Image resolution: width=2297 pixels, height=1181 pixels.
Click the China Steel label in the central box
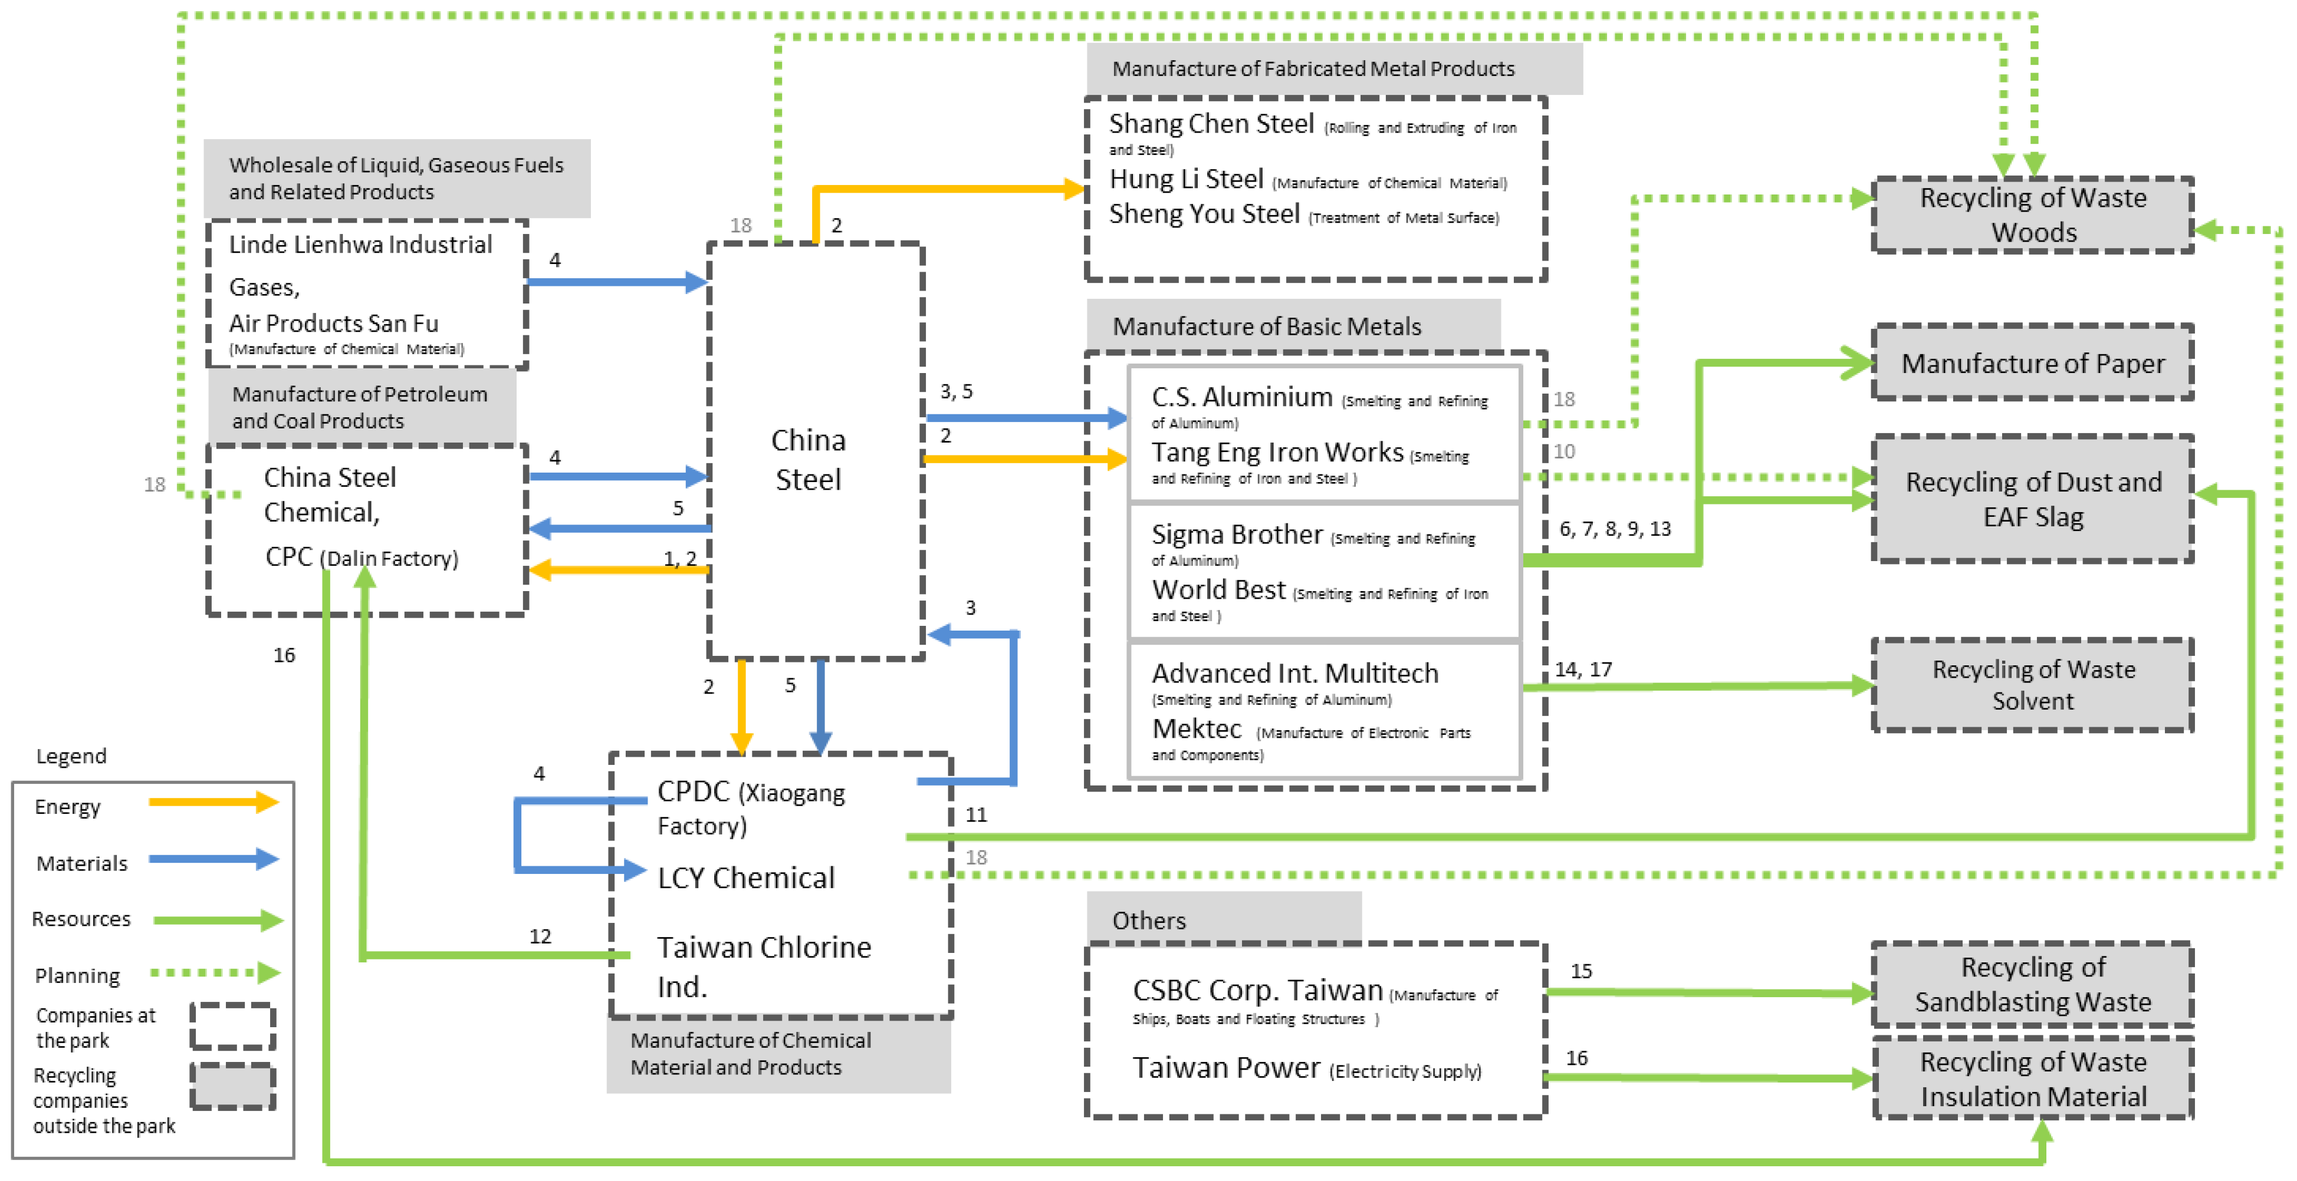click(x=808, y=460)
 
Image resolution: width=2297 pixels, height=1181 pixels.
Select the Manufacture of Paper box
click(x=2032, y=363)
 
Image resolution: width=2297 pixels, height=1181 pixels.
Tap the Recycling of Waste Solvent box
click(x=2032, y=685)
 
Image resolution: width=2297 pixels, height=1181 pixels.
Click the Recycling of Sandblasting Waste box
click(x=2032, y=984)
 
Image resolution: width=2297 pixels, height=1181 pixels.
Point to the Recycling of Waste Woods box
click(x=2032, y=215)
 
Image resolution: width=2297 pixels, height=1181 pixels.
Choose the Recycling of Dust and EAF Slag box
click(x=2032, y=499)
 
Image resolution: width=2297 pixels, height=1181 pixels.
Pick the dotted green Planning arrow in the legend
click(x=215, y=972)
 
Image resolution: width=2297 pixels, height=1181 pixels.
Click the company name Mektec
click(x=1196, y=729)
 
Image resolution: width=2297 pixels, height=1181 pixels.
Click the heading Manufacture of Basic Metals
click(x=1266, y=326)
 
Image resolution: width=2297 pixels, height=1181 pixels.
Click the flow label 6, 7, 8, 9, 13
click(x=1614, y=529)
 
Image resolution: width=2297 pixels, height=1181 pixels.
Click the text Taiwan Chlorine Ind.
click(x=763, y=965)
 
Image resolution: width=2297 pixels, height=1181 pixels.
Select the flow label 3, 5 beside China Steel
click(x=956, y=391)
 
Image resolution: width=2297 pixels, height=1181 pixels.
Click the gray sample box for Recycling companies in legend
click(x=233, y=1086)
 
